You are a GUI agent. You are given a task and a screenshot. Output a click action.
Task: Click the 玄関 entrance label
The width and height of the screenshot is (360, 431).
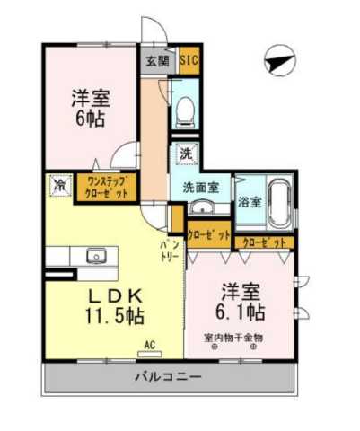click(158, 63)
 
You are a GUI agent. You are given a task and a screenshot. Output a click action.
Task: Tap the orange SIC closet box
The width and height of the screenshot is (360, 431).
click(189, 62)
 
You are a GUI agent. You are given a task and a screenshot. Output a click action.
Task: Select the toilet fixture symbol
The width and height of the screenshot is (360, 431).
click(185, 110)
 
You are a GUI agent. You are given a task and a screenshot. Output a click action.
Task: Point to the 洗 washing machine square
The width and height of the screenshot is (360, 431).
click(185, 153)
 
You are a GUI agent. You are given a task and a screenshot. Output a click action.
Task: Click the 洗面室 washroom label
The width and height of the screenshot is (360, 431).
click(200, 188)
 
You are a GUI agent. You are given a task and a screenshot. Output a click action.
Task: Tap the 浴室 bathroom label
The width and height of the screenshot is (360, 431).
click(250, 201)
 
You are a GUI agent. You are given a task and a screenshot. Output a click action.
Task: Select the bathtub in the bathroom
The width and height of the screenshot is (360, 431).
click(279, 201)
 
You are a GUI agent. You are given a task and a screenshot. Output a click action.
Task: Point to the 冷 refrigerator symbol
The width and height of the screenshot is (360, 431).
click(59, 186)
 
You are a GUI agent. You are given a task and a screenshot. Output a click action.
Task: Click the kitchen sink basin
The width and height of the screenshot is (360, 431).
click(95, 256)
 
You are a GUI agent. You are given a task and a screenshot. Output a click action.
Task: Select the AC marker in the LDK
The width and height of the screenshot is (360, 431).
click(152, 343)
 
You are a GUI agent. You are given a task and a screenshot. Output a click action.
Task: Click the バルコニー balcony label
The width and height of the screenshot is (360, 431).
click(169, 376)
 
